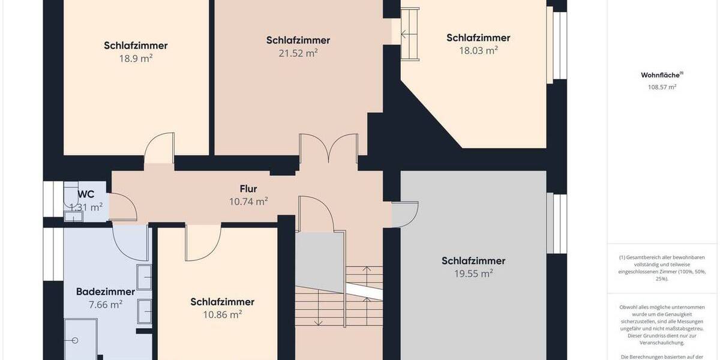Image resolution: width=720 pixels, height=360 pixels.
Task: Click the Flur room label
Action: click(x=248, y=189)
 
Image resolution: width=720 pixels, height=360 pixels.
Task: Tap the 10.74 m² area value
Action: click(x=248, y=202)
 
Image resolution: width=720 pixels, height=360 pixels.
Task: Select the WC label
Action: click(x=86, y=194)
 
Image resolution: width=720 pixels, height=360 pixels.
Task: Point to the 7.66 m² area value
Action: click(x=105, y=304)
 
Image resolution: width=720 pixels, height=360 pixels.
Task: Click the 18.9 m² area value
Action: click(x=136, y=58)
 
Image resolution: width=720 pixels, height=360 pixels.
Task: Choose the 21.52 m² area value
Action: click(x=298, y=53)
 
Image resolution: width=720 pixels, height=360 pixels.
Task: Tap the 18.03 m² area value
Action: click(x=478, y=50)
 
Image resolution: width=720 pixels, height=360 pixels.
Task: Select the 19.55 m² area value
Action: click(x=473, y=273)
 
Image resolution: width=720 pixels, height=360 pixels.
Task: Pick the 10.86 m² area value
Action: click(x=222, y=314)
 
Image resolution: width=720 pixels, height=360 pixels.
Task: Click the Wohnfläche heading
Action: click(x=661, y=75)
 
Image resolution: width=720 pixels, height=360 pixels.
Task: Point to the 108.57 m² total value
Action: click(x=662, y=87)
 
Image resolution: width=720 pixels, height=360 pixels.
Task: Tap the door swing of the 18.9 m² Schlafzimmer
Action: click(x=160, y=148)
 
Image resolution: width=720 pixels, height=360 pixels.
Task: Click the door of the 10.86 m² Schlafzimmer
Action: click(x=203, y=243)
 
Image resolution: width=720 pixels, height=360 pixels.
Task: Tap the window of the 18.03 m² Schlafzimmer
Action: click(x=559, y=45)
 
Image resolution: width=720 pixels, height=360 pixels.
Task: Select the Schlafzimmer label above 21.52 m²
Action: click(x=298, y=40)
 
